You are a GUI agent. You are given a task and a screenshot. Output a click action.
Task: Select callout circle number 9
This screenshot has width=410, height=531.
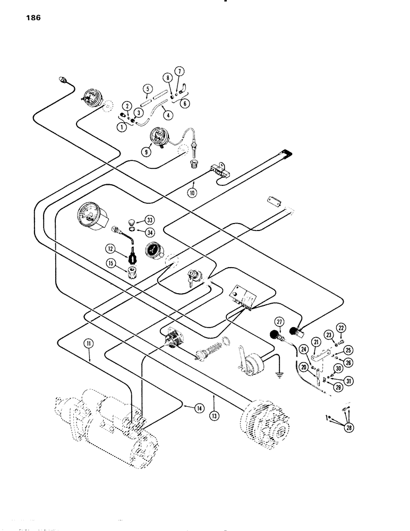tap(145, 150)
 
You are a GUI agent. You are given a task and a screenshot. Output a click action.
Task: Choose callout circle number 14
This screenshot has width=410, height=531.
tap(183, 408)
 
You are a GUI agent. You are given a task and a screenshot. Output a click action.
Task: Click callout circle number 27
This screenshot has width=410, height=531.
tap(279, 321)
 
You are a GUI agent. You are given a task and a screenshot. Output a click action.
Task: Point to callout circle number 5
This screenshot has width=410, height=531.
tap(147, 89)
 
